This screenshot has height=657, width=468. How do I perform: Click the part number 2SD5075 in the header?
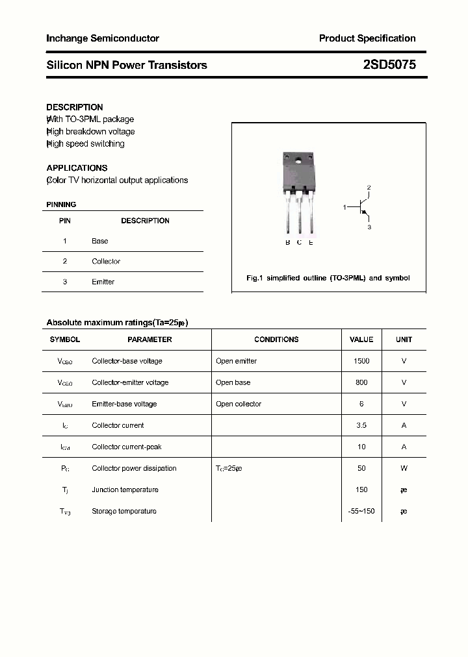389,65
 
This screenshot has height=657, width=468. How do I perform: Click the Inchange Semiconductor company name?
103,38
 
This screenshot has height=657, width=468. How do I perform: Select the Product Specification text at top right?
367,38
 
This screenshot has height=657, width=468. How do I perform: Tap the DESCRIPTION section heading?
75,107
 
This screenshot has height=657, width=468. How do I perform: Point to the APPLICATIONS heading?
77,167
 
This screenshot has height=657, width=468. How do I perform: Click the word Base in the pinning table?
100,241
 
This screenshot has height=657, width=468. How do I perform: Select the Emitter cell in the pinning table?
103,282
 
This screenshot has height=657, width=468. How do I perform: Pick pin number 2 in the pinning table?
65,261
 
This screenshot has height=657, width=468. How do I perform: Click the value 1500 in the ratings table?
361,361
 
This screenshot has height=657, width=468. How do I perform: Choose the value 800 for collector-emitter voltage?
361,382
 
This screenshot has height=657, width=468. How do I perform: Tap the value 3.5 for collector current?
361,425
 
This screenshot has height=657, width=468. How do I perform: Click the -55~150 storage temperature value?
361,511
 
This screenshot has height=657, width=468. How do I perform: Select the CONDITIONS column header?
276,340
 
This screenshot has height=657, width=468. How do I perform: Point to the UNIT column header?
404,340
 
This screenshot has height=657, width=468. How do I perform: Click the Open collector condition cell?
239,404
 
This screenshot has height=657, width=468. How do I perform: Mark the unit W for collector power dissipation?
404,468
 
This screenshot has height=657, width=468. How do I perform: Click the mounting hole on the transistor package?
299,160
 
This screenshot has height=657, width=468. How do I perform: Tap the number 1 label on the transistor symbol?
345,207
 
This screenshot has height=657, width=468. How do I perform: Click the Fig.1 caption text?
328,278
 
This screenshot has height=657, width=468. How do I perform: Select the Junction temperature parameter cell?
125,490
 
